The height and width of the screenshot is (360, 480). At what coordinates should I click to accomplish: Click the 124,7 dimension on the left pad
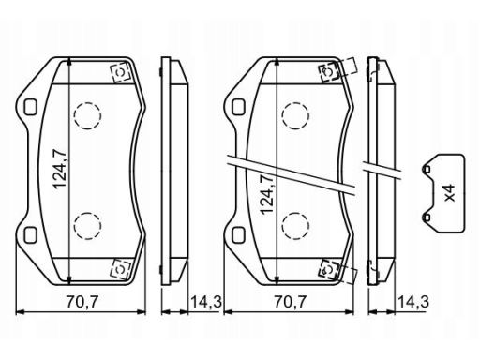click(x=60, y=170)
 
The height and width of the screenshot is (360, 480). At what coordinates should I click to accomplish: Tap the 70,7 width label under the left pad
click(x=82, y=302)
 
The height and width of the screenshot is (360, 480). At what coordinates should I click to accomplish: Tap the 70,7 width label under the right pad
click(x=291, y=302)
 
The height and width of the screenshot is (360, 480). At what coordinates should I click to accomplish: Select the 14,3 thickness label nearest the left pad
click(x=206, y=302)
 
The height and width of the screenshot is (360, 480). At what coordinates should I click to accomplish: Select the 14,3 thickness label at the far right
click(x=413, y=302)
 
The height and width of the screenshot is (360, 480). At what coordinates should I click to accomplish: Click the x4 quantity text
click(x=450, y=193)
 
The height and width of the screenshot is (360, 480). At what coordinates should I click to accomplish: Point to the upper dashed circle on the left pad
click(x=87, y=116)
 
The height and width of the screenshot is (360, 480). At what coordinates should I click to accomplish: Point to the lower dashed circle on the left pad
click(x=87, y=226)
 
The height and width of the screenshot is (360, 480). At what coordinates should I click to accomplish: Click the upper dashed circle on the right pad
click(x=295, y=116)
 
